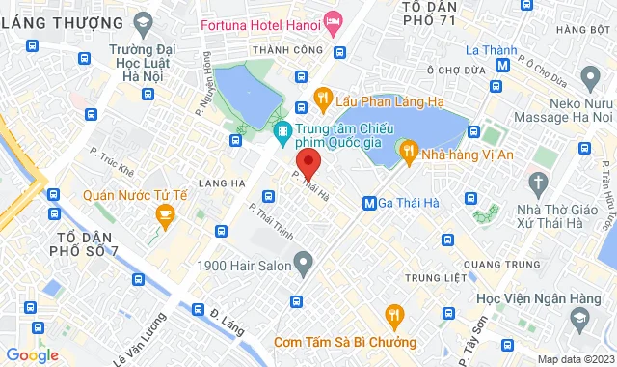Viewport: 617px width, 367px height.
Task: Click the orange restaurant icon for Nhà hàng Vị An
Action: [408, 150]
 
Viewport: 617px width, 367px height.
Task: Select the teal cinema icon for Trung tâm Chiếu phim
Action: [282, 131]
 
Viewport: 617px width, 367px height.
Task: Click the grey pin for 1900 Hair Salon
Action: [304, 261]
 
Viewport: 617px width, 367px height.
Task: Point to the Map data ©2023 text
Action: [575, 360]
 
